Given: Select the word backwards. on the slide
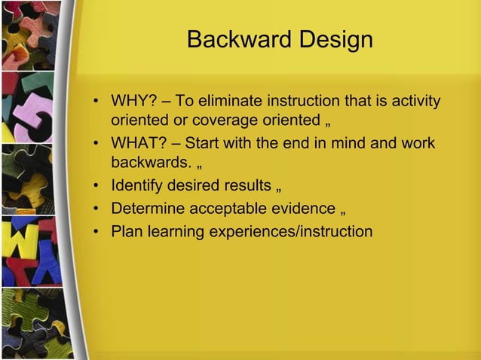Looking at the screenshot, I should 149,163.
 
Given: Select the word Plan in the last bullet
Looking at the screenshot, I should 125,230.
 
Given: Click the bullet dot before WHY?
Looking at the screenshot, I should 97,102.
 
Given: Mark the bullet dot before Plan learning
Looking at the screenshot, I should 97,231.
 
